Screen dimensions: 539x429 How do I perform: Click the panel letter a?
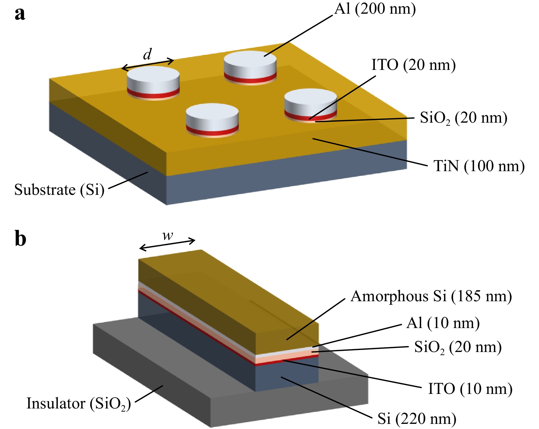[x=20, y=13]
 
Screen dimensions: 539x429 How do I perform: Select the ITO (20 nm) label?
[x=414, y=65]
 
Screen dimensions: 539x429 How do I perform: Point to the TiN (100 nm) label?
[x=479, y=166]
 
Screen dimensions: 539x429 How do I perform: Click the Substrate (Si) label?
[x=59, y=190]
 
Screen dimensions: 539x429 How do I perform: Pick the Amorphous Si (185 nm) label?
[x=431, y=296]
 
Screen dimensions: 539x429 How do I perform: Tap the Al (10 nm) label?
[x=443, y=323]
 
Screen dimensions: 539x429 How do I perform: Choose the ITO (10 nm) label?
[x=470, y=389]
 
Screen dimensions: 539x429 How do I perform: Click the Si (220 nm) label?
[x=417, y=419]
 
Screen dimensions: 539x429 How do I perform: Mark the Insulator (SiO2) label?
[x=79, y=404]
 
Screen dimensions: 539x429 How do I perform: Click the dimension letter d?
[x=147, y=54]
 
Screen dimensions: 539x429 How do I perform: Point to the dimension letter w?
[x=168, y=236]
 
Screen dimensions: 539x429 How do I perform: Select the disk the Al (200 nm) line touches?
[x=250, y=68]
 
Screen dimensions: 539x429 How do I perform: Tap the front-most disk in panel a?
[x=212, y=120]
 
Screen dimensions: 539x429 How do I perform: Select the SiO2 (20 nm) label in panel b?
[x=458, y=348]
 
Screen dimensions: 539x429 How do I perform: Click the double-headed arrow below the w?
[x=167, y=244]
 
